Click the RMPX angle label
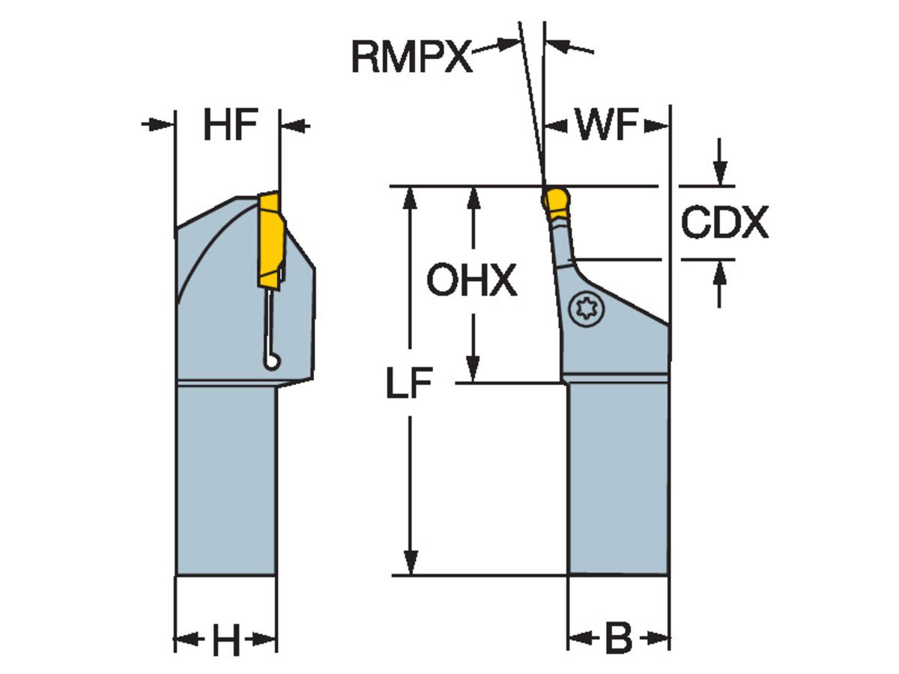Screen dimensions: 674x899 (412, 57)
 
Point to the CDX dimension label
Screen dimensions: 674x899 (724, 222)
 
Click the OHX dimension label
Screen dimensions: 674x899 (471, 282)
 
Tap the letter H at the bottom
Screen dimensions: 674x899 (225, 641)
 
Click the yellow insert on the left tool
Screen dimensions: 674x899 (270, 240)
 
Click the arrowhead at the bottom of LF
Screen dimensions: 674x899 (409, 563)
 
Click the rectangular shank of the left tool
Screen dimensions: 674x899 (225, 479)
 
